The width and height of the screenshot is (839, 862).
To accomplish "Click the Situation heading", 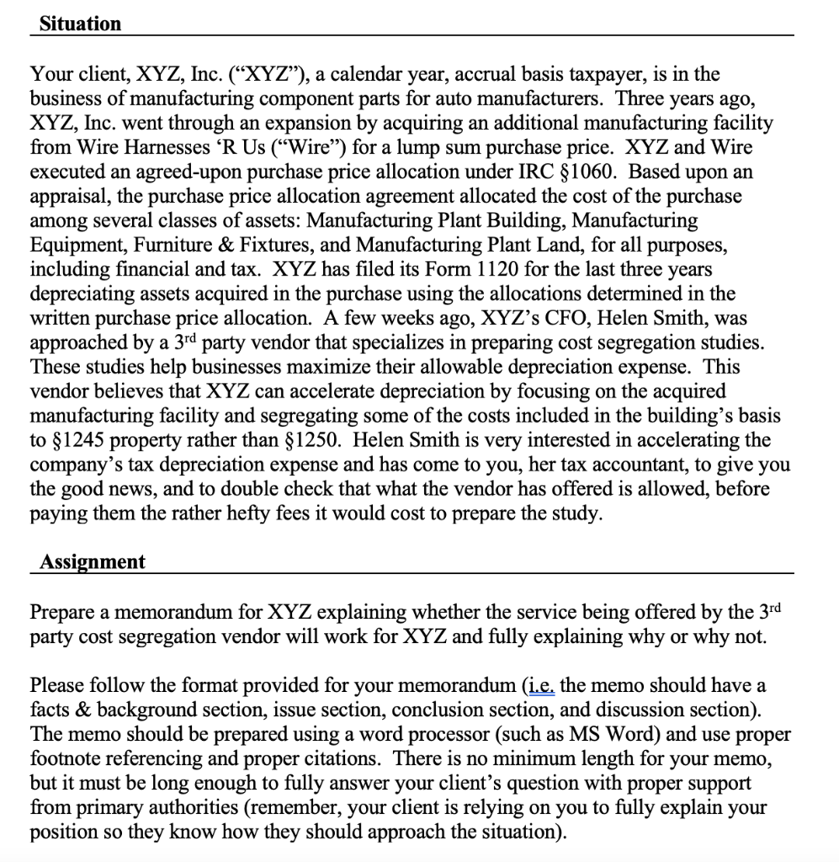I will [x=80, y=24].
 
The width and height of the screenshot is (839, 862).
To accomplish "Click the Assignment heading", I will [x=92, y=562].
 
